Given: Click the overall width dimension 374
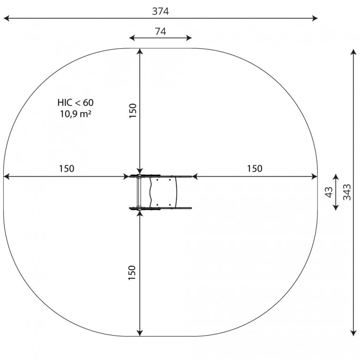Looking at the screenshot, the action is pos(160,11).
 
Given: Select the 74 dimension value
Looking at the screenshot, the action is pos(160,31).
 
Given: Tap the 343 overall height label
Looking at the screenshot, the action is pos(347,192).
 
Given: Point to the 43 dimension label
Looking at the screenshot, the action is pos(329,192).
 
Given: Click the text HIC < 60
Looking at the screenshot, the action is pos(75,103).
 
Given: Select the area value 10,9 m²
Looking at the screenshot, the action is pos(75,113).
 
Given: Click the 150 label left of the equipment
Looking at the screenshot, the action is pos(67,169).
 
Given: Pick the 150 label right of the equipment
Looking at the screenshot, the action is pos(255,169).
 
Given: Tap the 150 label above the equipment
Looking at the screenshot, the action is pos(133,111).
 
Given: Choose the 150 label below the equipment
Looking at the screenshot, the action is pos(132,272).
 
